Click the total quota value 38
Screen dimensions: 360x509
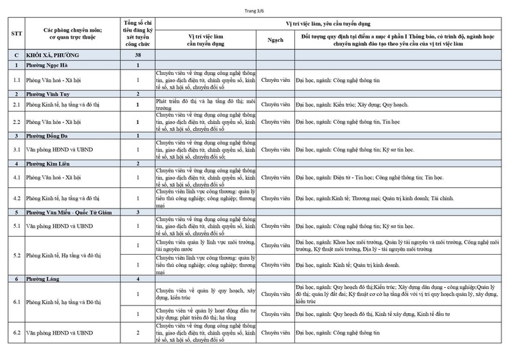138,54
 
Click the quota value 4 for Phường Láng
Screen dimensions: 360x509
138,279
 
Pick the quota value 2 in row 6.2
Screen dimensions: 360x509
138,333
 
